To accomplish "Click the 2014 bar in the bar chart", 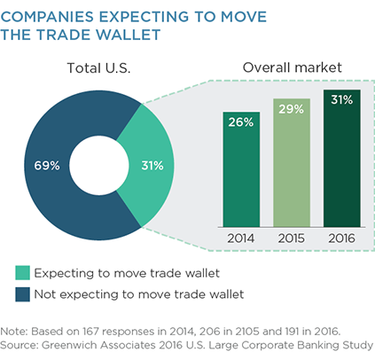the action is click(241, 169).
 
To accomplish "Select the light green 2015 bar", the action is click(292, 163).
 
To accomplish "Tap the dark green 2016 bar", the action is click(342, 159).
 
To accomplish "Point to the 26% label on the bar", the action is click(241, 122).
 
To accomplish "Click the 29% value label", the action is click(291, 109).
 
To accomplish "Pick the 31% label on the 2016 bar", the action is click(342, 99).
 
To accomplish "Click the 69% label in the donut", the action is click(47, 166).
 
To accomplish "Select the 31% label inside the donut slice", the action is click(152, 166).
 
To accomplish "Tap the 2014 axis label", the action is click(241, 239).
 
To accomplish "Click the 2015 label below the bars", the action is click(291, 239).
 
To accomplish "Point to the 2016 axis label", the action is click(341, 239).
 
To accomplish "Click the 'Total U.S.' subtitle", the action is click(98, 68).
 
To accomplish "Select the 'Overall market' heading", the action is click(293, 67).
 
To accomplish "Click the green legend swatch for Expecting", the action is click(23, 273).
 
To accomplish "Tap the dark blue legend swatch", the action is click(23, 294).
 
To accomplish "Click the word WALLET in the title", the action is click(128, 35).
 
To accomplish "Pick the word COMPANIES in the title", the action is click(47, 17).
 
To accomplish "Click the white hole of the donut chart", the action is click(99, 165).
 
